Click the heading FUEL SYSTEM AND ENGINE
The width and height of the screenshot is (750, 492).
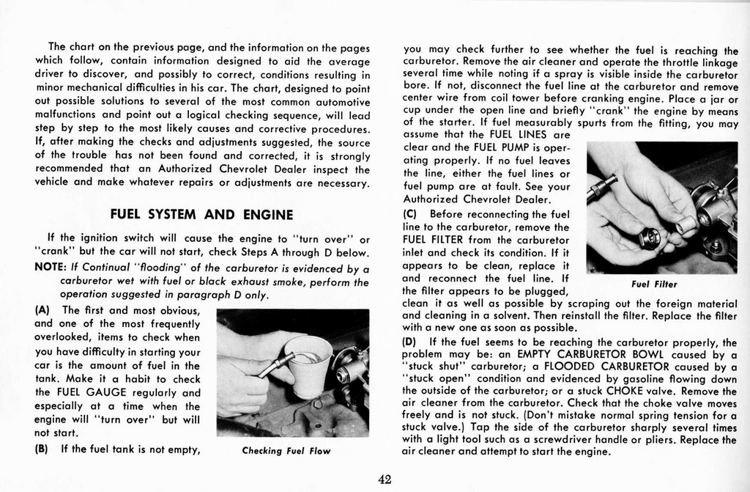point(201,215)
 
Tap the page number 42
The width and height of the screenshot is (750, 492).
point(385,480)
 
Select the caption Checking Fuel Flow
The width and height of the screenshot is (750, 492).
point(286,450)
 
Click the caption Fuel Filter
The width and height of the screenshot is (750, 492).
point(654,284)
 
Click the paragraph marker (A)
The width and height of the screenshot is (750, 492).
point(42,310)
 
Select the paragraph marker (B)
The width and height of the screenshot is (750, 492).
point(42,449)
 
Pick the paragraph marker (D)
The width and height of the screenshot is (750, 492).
point(410,342)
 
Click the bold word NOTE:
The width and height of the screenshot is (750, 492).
point(51,267)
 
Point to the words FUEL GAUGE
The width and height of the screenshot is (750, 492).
point(69,393)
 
